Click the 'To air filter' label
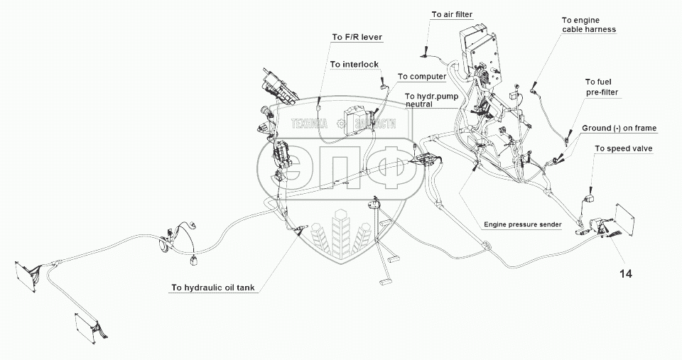[x=452, y=14]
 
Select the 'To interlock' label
[x=354, y=64]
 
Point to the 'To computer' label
[x=421, y=77]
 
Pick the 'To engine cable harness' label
[x=588, y=26]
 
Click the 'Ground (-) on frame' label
[x=619, y=129]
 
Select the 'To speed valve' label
[x=623, y=149]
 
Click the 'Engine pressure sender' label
[x=523, y=224]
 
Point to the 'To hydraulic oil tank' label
[x=212, y=288]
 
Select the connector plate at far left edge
[x=27, y=274]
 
